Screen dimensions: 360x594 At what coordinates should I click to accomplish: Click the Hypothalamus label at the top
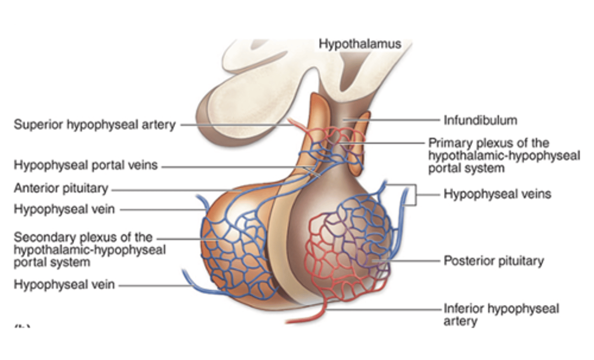(360, 44)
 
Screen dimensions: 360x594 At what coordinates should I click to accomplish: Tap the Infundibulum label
(480, 121)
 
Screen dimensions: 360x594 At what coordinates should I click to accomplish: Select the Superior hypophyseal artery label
(95, 124)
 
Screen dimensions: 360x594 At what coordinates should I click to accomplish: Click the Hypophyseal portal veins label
(86, 165)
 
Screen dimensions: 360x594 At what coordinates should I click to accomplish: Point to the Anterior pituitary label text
(61, 188)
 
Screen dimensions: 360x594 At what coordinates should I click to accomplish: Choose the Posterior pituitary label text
(494, 261)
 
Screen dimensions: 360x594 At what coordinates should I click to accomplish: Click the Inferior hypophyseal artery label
(501, 315)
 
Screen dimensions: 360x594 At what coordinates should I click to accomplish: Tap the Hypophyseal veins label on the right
(497, 194)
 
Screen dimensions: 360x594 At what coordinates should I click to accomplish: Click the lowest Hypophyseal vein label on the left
(64, 284)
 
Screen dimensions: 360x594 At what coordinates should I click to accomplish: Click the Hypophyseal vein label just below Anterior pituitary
(64, 209)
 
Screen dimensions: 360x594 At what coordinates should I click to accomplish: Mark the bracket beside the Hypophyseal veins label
(415, 194)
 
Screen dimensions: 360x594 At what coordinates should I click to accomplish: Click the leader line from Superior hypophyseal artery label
(235, 125)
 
